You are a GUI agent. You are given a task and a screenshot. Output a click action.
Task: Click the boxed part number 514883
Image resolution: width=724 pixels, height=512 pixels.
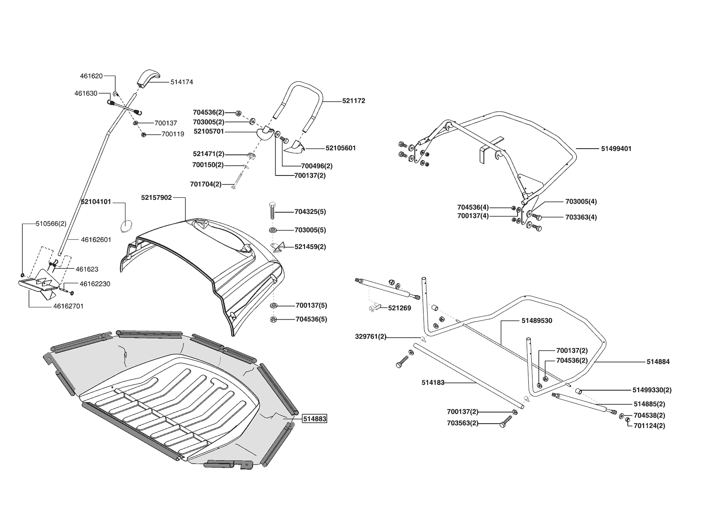point(315,419)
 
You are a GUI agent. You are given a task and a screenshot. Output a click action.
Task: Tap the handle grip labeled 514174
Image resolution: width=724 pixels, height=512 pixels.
point(147,78)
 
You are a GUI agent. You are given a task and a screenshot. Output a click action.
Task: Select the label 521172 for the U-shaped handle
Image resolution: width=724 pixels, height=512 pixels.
point(353,101)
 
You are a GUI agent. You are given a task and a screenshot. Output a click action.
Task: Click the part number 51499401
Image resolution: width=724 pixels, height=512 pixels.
point(616,149)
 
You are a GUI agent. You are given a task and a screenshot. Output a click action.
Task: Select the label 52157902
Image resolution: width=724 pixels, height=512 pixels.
point(156,198)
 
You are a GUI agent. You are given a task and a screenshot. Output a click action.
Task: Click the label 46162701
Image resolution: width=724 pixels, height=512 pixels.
point(68,306)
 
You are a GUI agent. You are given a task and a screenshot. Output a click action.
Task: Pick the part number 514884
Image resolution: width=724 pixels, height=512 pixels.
point(658,362)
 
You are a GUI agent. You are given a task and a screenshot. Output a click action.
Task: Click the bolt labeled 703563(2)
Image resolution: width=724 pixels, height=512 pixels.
point(504,424)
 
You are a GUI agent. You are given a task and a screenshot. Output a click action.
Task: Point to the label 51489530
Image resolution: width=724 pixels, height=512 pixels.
point(537,320)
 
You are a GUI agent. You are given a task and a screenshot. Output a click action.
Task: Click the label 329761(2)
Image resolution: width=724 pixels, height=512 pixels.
point(371,337)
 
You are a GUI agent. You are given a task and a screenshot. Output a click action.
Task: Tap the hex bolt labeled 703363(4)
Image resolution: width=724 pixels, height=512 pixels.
point(536,217)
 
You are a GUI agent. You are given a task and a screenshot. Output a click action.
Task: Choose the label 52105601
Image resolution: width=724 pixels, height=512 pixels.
point(341,148)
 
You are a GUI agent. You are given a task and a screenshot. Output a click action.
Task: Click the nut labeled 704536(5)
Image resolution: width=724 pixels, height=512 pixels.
point(273,320)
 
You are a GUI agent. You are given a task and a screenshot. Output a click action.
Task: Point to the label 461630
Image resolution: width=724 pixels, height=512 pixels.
point(86,93)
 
